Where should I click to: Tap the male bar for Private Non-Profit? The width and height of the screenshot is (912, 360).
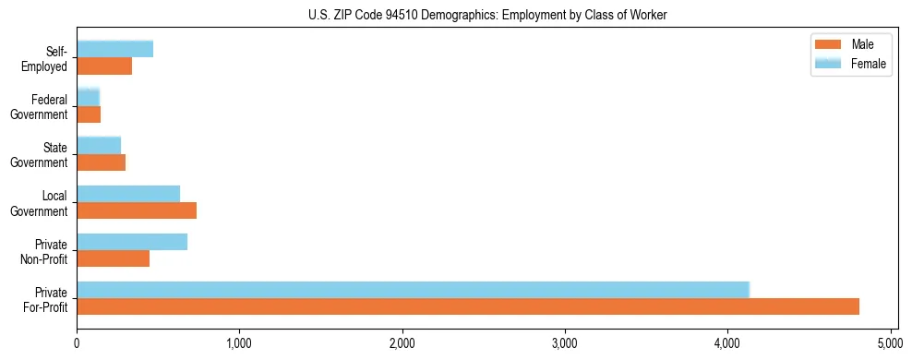[x=114, y=258]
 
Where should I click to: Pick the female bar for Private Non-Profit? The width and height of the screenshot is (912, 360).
[x=132, y=242]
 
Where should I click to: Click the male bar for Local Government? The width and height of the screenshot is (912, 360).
[x=137, y=210]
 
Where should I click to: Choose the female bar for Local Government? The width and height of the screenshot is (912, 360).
[x=128, y=193]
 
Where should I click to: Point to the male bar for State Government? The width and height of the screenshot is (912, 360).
[x=102, y=162]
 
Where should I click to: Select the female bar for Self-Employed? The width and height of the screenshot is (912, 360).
[x=115, y=49]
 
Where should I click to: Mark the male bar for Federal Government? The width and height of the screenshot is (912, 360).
[x=89, y=114]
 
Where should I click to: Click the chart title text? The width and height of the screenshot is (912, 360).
[x=487, y=15]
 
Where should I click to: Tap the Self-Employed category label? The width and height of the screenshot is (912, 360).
[x=46, y=59]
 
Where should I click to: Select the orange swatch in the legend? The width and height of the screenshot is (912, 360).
[x=826, y=44]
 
